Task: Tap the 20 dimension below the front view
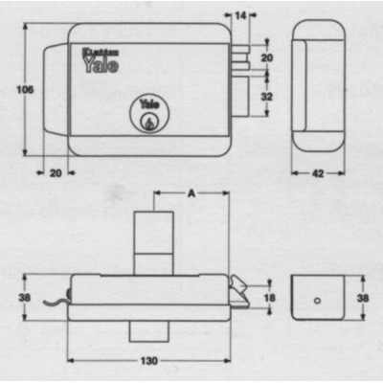[x=55, y=172]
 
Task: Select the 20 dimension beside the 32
[x=266, y=58]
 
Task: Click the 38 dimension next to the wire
[x=23, y=297]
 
